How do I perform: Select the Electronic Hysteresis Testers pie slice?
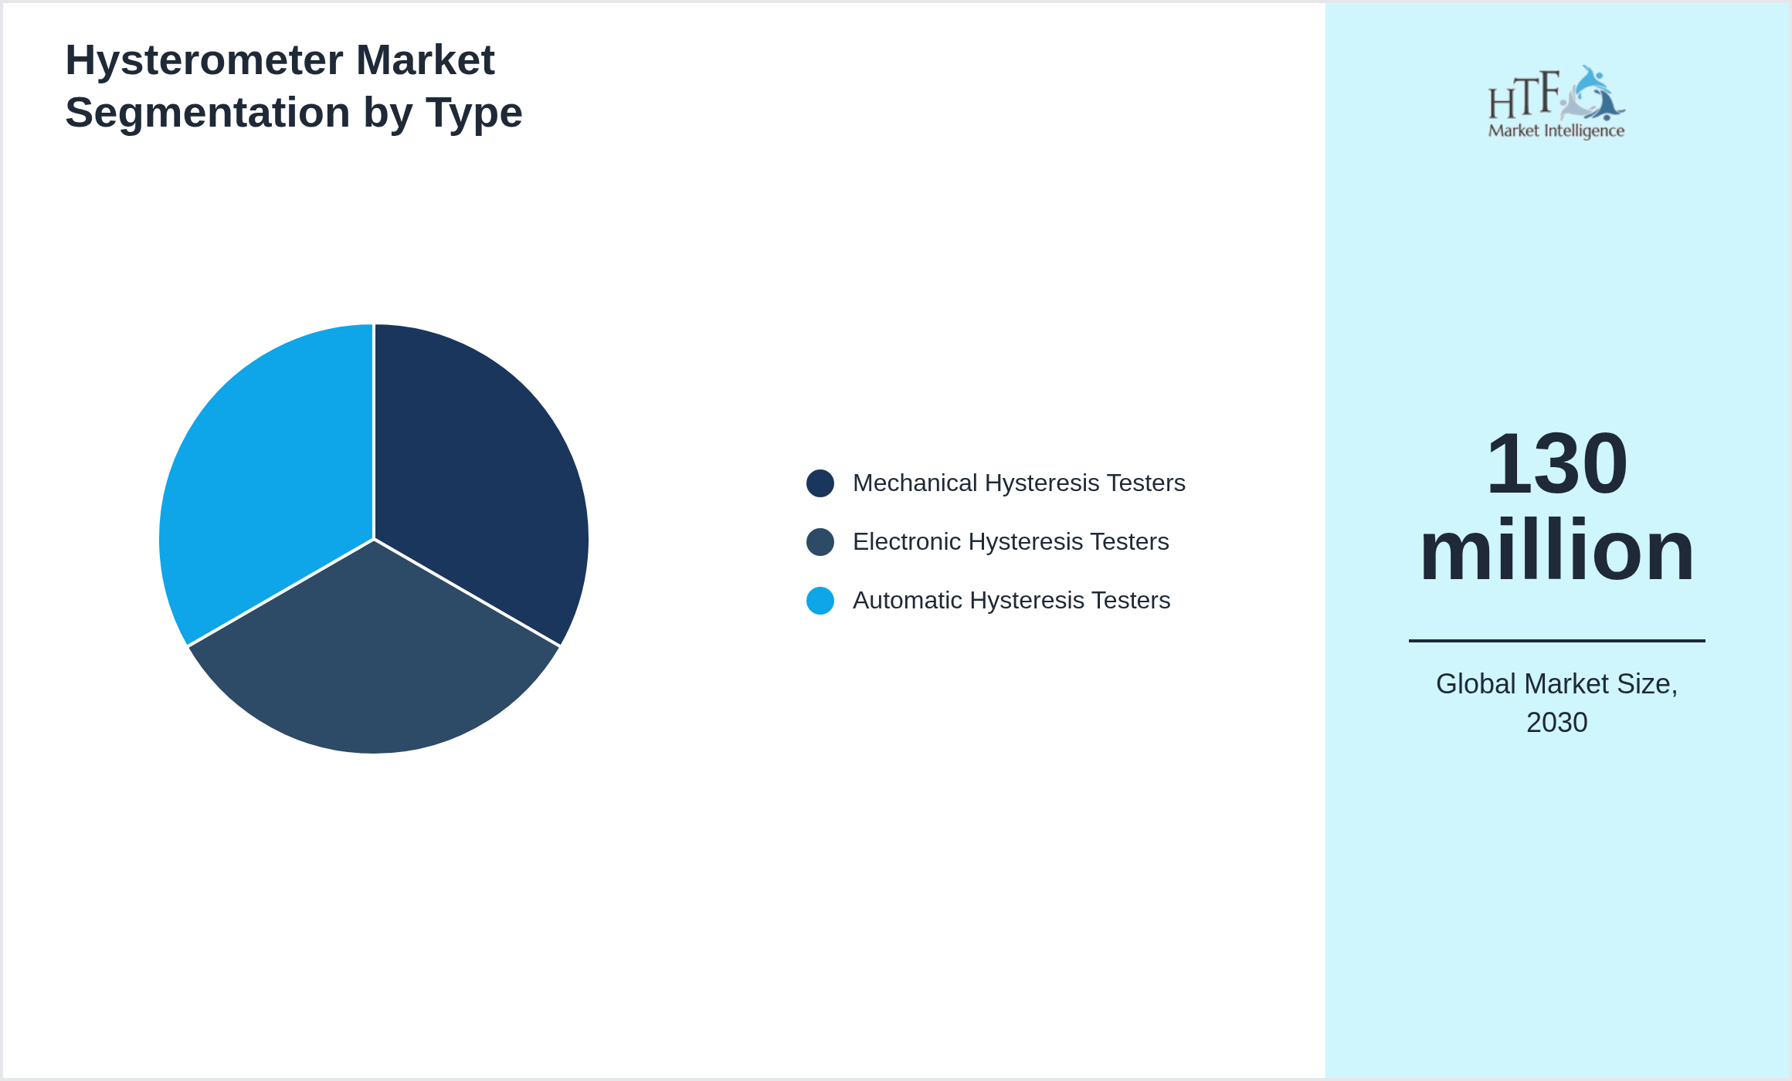point(374,664)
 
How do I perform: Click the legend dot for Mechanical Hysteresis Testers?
point(820,483)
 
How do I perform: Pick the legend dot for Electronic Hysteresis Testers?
point(820,542)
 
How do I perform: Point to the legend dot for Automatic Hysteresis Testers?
point(820,601)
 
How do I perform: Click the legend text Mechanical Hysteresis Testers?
point(1019,483)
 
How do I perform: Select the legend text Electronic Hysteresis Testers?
point(1010,542)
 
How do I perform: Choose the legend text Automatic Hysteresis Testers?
point(1011,601)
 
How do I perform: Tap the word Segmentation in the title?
point(208,113)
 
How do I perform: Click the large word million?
point(1556,550)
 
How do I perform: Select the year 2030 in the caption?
point(1556,723)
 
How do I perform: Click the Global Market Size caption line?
point(1556,684)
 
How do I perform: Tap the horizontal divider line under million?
point(1556,641)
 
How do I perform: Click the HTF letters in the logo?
point(1524,97)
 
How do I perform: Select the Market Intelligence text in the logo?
point(1556,131)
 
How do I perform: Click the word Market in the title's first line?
point(425,60)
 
